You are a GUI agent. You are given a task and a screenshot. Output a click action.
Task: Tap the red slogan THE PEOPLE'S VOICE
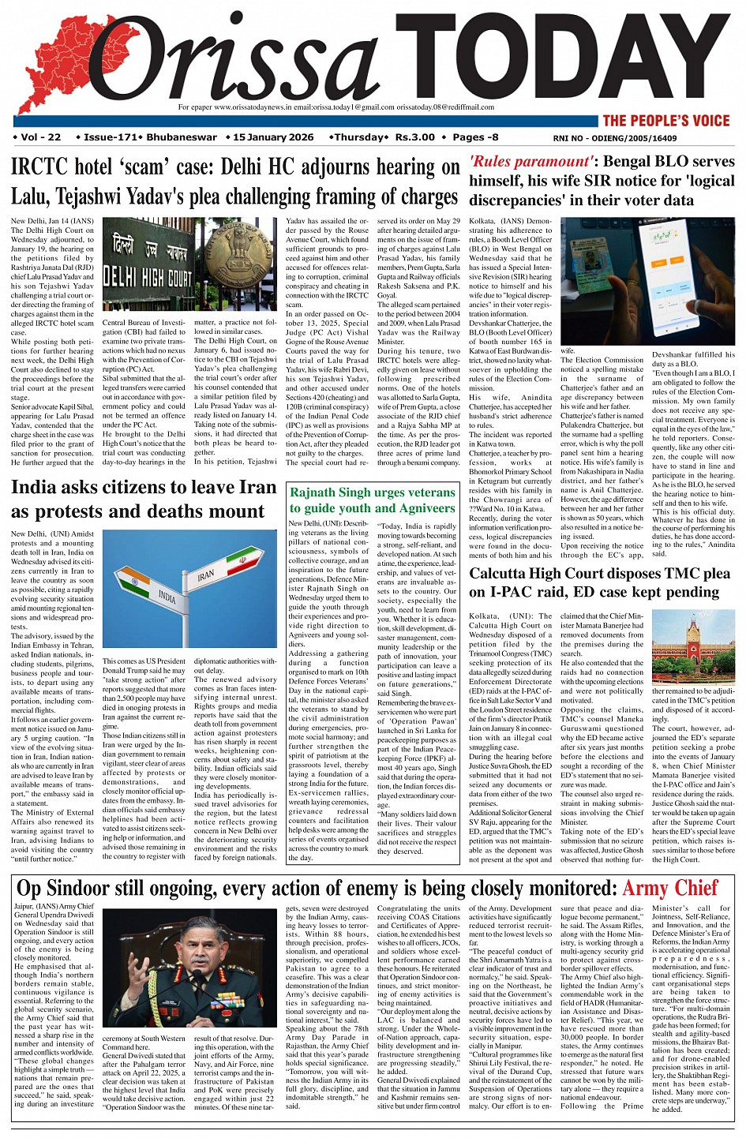click(x=665, y=121)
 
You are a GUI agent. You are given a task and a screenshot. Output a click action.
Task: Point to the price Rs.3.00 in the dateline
click(x=415, y=137)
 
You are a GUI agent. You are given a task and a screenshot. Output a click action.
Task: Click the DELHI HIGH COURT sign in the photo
click(x=146, y=276)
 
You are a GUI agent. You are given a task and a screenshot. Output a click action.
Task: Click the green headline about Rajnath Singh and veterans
click(x=373, y=500)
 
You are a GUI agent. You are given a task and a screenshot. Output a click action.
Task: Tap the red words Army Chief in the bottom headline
click(x=670, y=888)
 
